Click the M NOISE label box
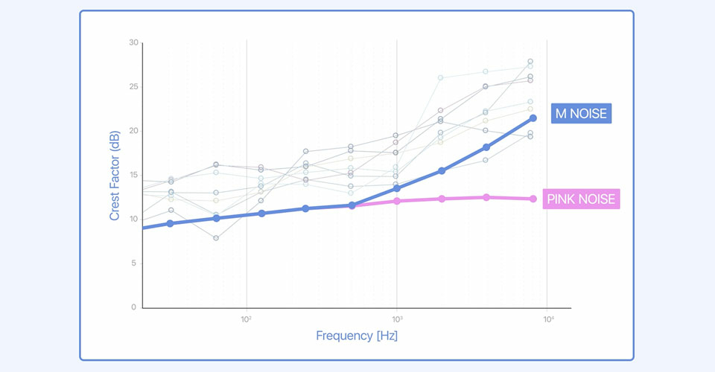[x=581, y=114]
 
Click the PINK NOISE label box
[x=581, y=199]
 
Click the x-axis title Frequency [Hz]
[x=357, y=336]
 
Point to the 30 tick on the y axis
[x=133, y=43]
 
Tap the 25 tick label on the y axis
[x=133, y=87]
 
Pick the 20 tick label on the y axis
[x=133, y=131]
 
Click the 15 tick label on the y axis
[x=133, y=175]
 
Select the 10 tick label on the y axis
[x=133, y=219]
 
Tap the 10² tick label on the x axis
[x=247, y=318]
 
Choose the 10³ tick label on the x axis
[x=396, y=318]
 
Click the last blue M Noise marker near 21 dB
[x=533, y=118]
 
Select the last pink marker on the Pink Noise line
[x=533, y=199]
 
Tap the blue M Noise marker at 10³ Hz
[x=396, y=188]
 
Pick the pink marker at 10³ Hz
[x=396, y=201]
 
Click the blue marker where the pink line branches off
[x=352, y=205]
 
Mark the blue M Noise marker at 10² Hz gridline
[x=261, y=214]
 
